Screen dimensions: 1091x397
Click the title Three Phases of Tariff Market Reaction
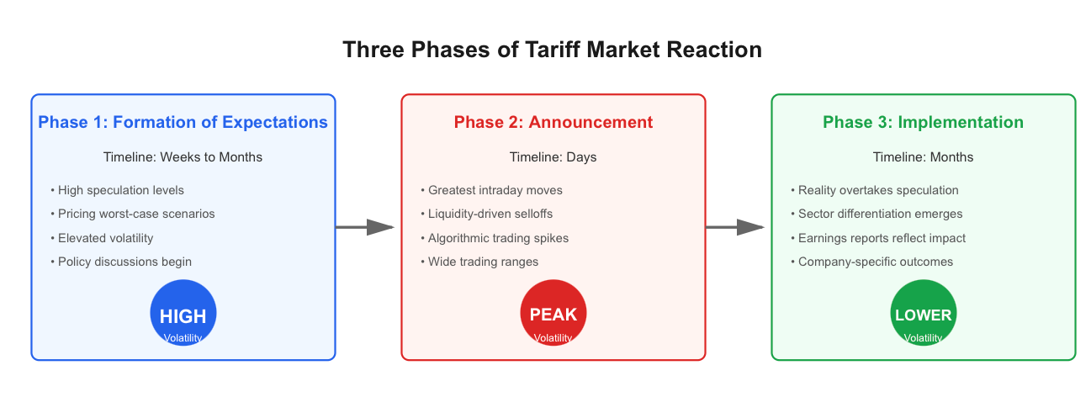click(553, 50)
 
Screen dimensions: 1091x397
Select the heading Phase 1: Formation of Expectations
click(183, 122)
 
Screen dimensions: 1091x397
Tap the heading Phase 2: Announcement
click(553, 122)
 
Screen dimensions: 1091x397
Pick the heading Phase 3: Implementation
click(923, 122)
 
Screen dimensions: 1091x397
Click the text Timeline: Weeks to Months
click(183, 156)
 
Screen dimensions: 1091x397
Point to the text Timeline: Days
click(553, 157)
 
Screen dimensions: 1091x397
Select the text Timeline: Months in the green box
click(923, 156)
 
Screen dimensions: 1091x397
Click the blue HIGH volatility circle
click(183, 313)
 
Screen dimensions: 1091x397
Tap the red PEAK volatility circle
click(553, 313)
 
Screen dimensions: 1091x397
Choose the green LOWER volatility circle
click(924, 313)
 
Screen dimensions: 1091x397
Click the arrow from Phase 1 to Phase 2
click(365, 227)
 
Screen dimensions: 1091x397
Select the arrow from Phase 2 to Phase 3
click(735, 227)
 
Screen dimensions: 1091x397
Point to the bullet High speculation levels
click(117, 190)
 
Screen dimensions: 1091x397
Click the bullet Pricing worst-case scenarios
click(132, 214)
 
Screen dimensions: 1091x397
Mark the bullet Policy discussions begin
click(121, 262)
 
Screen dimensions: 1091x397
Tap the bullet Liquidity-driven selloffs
click(486, 214)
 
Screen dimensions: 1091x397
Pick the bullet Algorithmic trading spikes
click(495, 238)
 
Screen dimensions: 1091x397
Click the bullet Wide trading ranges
click(479, 262)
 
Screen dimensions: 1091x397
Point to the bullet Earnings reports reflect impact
click(878, 238)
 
